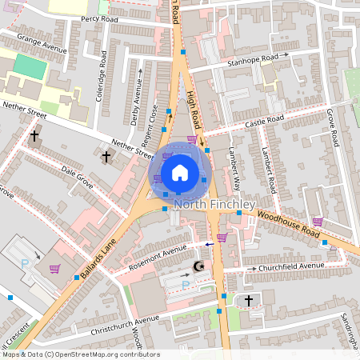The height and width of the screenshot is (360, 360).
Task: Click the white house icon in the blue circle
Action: click(x=180, y=172)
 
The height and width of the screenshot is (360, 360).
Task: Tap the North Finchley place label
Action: click(x=214, y=205)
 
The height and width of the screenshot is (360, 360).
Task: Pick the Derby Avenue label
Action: click(x=137, y=102)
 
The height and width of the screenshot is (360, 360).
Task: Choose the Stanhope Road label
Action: click(x=251, y=58)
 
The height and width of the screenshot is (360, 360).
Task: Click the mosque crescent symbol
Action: click(x=199, y=267)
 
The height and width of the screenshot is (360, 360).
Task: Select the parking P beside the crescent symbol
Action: click(x=186, y=284)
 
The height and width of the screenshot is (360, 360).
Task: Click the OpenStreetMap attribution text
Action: click(x=80, y=354)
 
